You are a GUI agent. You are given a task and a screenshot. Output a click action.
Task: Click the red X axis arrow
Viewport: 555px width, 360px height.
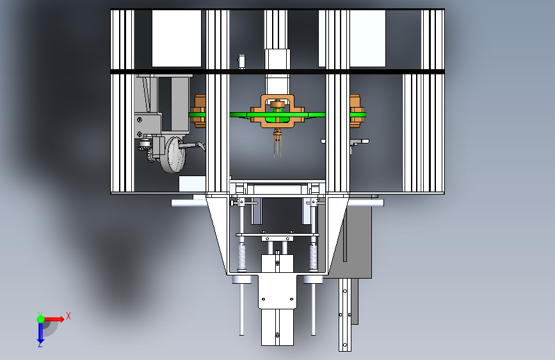click(53, 319)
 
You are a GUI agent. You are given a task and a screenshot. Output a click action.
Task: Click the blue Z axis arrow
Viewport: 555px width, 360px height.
click(40, 332)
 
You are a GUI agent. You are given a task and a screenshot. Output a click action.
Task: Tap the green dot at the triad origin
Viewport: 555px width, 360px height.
click(41, 319)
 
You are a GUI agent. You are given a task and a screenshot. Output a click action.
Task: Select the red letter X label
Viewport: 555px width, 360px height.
click(68, 316)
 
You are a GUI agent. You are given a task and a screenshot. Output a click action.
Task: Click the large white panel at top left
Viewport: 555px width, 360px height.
click(177, 38)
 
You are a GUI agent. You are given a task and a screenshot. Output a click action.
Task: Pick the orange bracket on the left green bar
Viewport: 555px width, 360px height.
click(199, 111)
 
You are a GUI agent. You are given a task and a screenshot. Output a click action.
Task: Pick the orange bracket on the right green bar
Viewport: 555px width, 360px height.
click(355, 111)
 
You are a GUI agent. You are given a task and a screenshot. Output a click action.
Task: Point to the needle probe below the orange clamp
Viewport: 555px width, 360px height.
click(277, 143)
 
